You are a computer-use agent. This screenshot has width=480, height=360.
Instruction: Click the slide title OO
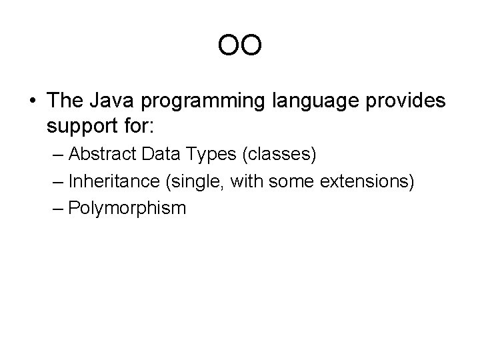tap(239, 47)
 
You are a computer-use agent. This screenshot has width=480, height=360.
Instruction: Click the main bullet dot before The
tap(31, 101)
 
